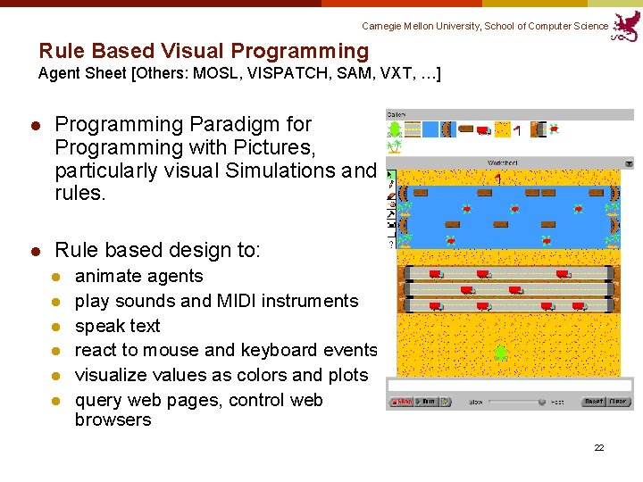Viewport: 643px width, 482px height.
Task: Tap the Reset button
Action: tap(594, 403)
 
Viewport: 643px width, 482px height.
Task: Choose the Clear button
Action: tap(619, 403)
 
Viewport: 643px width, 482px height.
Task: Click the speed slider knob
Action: tap(541, 403)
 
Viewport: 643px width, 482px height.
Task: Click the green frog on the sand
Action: tap(501, 353)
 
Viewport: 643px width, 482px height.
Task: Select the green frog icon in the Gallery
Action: tap(396, 130)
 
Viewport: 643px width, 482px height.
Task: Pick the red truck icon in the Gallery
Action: tap(483, 130)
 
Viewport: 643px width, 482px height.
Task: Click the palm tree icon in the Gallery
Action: tap(395, 145)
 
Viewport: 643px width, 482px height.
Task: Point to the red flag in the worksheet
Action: tap(498, 179)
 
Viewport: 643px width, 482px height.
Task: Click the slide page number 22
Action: tap(599, 447)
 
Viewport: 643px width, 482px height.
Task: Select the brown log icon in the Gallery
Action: tap(465, 129)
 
